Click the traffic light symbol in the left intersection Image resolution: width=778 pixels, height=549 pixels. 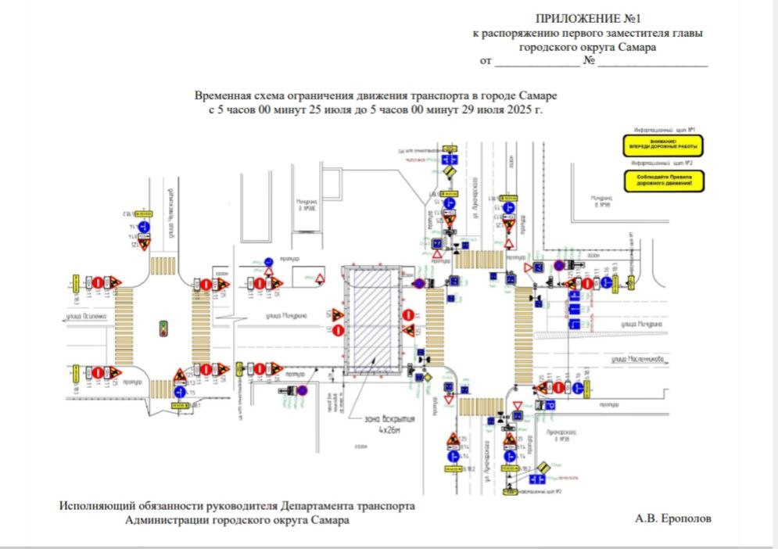(163, 328)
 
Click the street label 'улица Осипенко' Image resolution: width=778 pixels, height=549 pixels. (85, 318)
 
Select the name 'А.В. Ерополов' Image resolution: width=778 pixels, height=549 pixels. (675, 518)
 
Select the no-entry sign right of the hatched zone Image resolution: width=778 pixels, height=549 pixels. (407, 314)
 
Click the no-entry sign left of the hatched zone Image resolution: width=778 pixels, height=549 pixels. (338, 331)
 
